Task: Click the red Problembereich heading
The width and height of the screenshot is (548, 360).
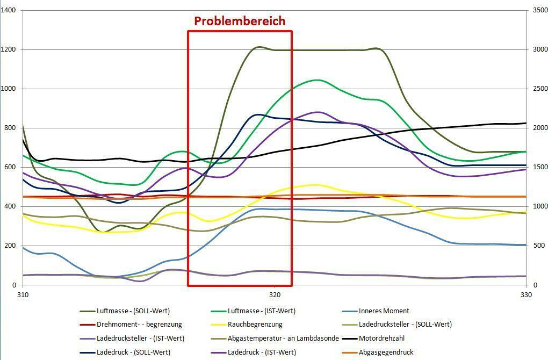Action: [239, 21]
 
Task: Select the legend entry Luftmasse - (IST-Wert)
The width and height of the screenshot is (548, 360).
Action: [262, 311]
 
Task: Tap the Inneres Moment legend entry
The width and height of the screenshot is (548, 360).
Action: [384, 311]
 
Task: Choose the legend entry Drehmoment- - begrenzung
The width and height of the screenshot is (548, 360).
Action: [139, 325]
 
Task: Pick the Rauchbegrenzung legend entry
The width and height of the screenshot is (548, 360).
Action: [255, 325]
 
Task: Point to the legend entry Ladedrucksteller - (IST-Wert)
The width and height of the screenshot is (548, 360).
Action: [140, 339]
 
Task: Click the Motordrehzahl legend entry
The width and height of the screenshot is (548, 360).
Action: [382, 339]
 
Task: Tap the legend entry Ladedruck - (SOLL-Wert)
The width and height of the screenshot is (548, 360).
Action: [133, 352]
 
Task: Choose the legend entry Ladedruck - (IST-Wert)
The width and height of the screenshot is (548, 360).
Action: [262, 352]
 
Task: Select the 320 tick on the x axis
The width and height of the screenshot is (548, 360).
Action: [275, 294]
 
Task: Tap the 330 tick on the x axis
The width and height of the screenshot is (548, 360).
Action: [526, 294]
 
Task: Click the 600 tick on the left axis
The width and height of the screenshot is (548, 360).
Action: [10, 168]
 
